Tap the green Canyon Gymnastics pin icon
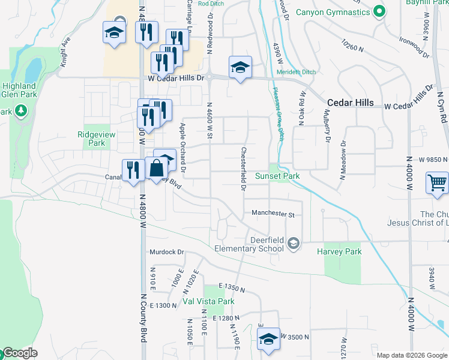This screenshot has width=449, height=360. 379,11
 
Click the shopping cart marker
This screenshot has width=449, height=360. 436,182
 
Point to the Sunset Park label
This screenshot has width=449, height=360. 277,176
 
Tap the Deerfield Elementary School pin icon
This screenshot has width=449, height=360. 293,243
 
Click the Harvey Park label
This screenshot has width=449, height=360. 340,251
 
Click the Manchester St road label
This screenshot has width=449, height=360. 273,214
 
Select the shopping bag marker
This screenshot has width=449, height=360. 156,170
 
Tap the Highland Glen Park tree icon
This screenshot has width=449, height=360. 21,110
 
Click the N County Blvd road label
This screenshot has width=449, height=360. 144,317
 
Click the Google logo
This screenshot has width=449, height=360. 20,353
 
